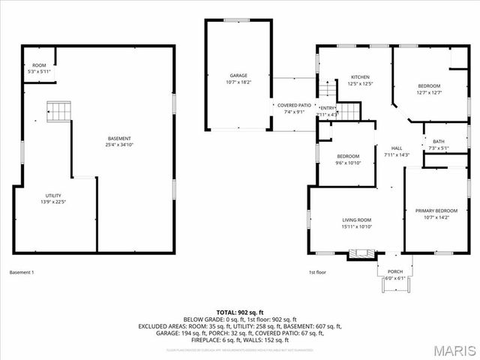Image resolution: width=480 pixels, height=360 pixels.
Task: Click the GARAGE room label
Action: (x=238, y=76)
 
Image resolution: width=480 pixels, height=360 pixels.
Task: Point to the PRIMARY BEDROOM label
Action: (x=436, y=211)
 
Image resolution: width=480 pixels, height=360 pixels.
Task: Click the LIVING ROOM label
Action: (x=357, y=220)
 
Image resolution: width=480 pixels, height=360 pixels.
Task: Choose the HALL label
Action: (x=397, y=148)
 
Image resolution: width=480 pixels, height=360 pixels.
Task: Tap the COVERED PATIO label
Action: (x=294, y=106)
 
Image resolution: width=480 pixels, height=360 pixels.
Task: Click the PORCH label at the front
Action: (x=394, y=271)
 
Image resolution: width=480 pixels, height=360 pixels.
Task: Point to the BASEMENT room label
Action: (x=119, y=138)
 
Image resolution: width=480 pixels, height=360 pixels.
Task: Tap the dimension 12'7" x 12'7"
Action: (x=429, y=93)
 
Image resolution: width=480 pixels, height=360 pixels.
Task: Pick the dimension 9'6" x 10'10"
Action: (x=349, y=163)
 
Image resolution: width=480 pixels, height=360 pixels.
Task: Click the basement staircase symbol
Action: (x=58, y=112)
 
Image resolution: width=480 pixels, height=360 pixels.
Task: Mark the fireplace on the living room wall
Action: (x=361, y=253)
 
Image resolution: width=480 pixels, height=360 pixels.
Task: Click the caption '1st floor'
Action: (x=317, y=272)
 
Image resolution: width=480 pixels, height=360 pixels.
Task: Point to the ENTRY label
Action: (x=328, y=108)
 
